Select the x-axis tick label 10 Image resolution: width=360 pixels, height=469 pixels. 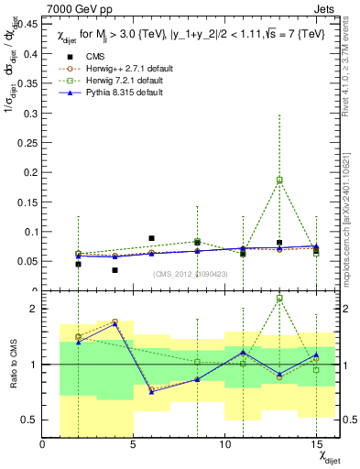225,444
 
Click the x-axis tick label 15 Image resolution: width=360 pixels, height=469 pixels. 316,444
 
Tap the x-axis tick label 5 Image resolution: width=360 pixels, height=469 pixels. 134,444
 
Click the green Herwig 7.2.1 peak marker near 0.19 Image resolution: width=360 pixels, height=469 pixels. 279,180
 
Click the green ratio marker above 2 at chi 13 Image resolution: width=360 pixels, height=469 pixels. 279,299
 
